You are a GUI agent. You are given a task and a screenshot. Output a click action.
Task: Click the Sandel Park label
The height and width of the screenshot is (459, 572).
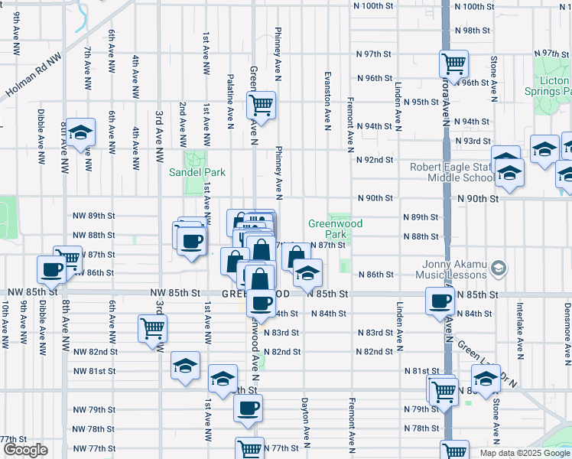[x=191, y=171]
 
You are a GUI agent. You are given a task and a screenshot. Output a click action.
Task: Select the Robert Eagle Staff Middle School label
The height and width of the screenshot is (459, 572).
[x=452, y=172]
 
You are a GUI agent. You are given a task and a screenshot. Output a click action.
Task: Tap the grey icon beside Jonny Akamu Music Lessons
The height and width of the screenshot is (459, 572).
[x=499, y=267]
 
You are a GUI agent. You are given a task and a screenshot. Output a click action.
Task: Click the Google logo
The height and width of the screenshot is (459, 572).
[x=25, y=450]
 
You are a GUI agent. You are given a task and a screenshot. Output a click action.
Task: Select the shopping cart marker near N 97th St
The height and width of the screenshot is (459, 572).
[x=453, y=63]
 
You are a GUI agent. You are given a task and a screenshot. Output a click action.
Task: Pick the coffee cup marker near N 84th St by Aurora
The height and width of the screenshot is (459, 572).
[x=440, y=301]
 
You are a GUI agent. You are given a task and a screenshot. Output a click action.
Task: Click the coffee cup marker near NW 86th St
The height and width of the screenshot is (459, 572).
[x=52, y=269]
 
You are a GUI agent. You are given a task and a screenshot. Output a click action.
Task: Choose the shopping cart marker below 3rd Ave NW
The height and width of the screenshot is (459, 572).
[x=151, y=328]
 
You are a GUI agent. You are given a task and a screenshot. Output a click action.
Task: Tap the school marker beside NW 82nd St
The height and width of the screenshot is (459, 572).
[x=185, y=366]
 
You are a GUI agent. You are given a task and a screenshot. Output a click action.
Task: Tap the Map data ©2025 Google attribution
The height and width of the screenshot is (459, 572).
[x=525, y=453]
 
